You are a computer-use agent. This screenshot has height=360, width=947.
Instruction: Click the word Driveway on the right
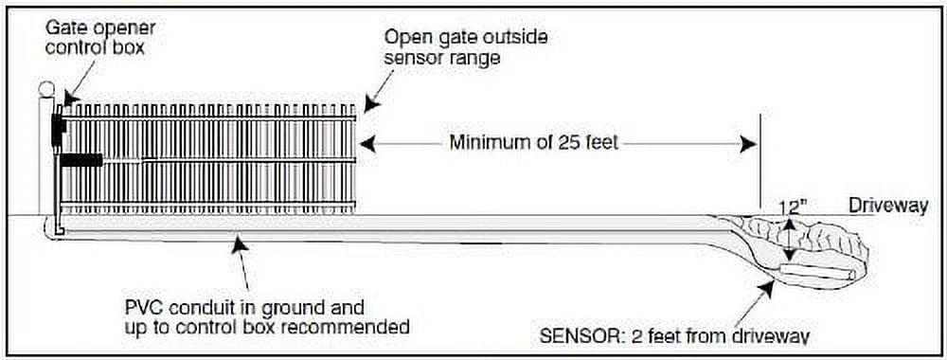coord(887,207)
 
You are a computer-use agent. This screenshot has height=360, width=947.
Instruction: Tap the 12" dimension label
coord(793,206)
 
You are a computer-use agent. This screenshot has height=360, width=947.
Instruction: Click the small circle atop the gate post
coord(45,90)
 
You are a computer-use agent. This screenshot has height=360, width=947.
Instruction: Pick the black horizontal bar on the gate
coord(82,160)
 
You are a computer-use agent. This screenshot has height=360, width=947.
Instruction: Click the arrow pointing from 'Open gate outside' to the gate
coord(372,95)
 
